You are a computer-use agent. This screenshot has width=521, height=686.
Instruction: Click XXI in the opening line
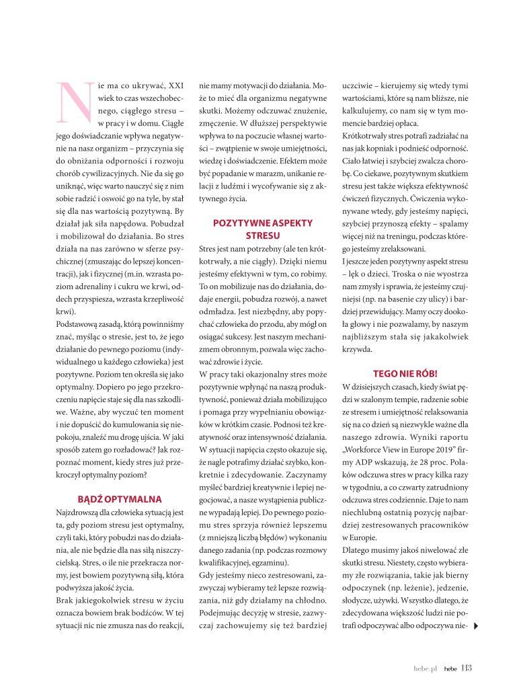[x=175, y=86]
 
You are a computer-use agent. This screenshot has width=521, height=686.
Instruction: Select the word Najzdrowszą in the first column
[x=79, y=513]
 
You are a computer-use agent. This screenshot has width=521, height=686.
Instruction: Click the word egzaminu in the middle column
[x=271, y=562]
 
